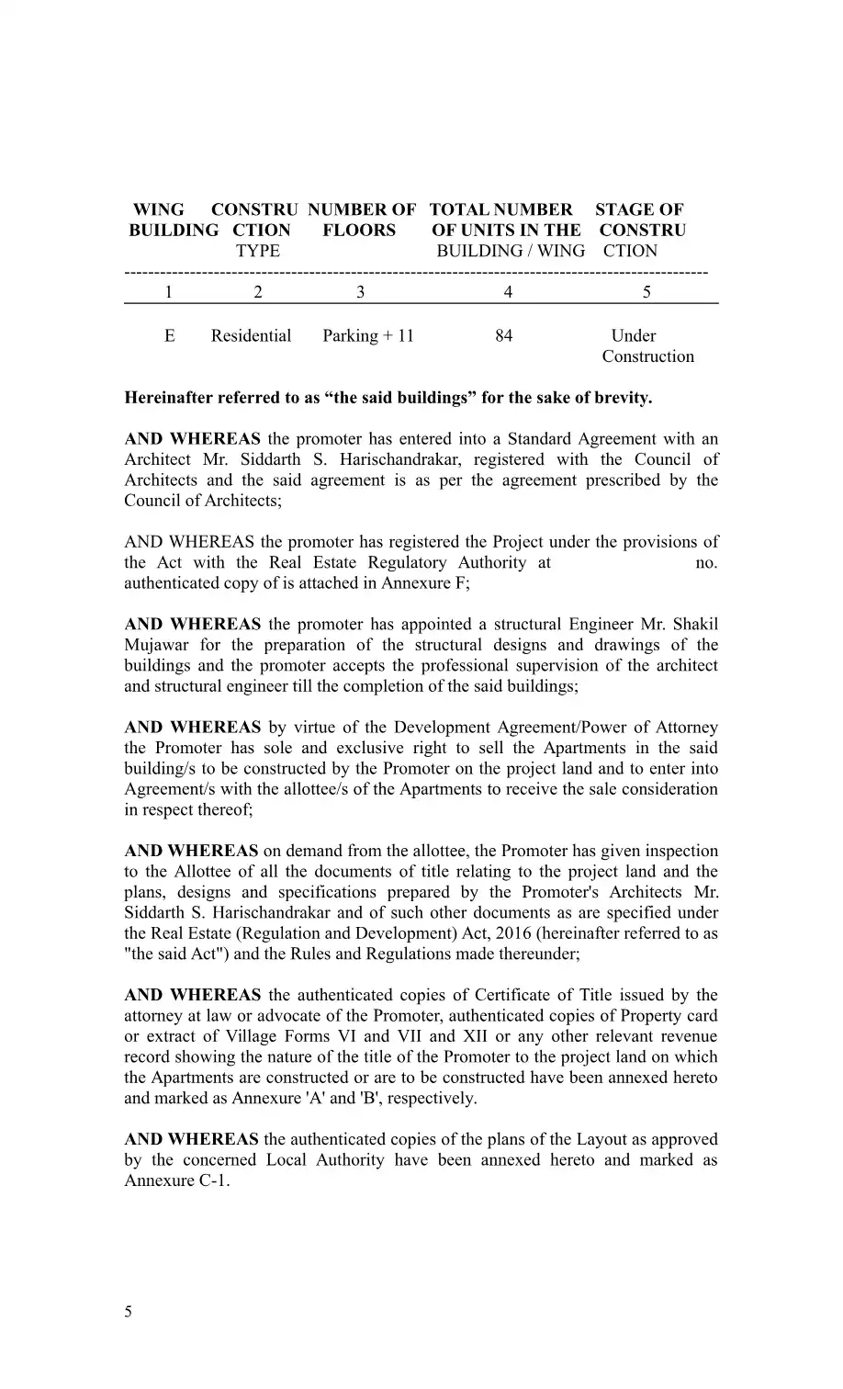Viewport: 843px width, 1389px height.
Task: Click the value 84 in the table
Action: click(x=503, y=336)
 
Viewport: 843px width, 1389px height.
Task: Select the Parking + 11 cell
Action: click(x=368, y=336)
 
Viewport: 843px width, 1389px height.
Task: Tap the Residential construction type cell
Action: click(x=251, y=336)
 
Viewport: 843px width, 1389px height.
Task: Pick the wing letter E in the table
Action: click(x=170, y=336)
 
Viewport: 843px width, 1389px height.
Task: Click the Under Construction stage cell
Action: click(x=646, y=346)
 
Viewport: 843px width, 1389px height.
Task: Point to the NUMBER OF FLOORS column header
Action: click(x=361, y=220)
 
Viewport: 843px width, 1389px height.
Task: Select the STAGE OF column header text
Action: click(x=639, y=210)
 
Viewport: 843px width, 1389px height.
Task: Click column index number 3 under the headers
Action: click(x=360, y=292)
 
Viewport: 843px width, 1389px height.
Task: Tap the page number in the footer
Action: click(x=129, y=1312)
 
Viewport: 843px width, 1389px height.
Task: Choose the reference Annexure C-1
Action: click(x=174, y=1180)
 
